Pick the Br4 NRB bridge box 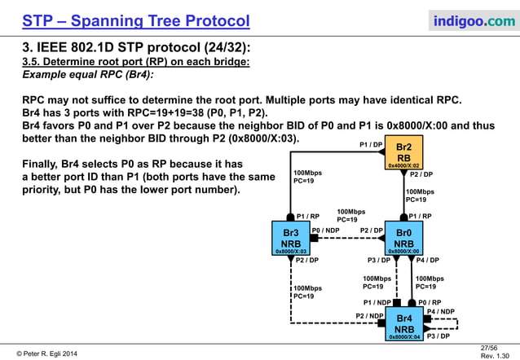pos(404,323)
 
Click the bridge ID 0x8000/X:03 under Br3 pos(291,252)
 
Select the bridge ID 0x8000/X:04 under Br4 pos(404,336)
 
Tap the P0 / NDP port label pos(327,230)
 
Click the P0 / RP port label pos(430,302)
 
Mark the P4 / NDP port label pos(441,311)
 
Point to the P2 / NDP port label pos(370,315)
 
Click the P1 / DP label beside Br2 pos(372,144)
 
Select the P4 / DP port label pos(428,261)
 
